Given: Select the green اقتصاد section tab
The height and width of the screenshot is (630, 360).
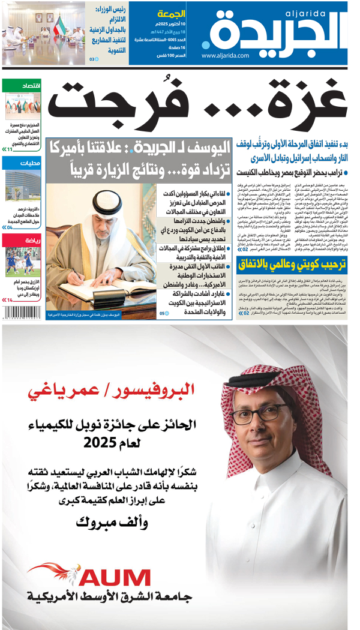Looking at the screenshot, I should click(21, 86).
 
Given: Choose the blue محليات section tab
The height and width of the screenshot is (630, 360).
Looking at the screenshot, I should click(21, 163).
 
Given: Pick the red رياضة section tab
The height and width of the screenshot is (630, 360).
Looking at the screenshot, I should click(21, 240).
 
